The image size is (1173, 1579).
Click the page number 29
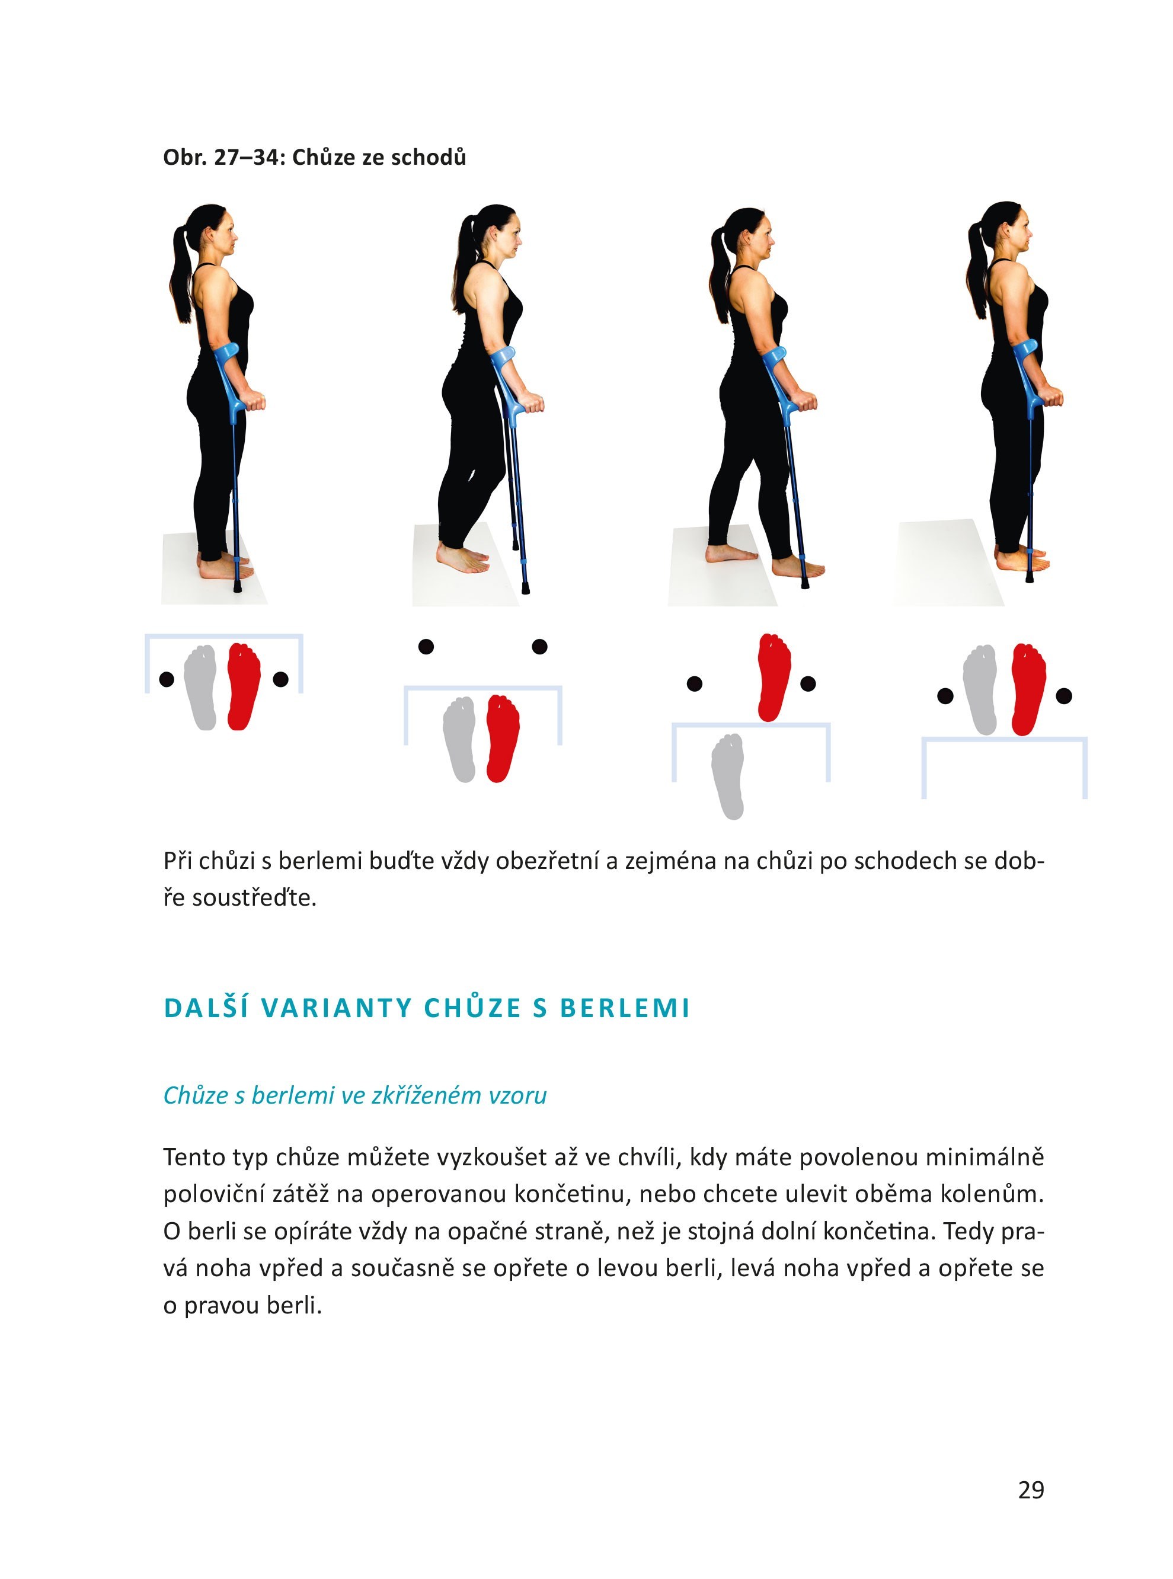(x=1030, y=1489)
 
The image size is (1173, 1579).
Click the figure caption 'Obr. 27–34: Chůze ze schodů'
(x=315, y=157)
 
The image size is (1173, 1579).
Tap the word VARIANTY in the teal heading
(x=337, y=1008)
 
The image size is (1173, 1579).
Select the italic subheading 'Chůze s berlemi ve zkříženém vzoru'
(x=355, y=1095)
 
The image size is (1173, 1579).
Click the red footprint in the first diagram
(x=244, y=686)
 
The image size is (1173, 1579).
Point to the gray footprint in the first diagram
(x=200, y=688)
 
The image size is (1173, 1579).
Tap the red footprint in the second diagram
(x=503, y=739)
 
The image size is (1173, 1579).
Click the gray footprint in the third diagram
(x=728, y=776)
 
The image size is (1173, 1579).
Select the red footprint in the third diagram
(x=774, y=677)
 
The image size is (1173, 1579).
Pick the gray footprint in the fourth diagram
(x=980, y=689)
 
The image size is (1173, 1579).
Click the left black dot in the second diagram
(x=426, y=647)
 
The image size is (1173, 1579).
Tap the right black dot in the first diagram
(x=280, y=679)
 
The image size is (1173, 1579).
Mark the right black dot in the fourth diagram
(x=1064, y=696)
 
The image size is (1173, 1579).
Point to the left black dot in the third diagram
(x=695, y=684)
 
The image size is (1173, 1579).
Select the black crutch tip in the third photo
(x=804, y=582)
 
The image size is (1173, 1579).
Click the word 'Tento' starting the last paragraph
(x=191, y=1157)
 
